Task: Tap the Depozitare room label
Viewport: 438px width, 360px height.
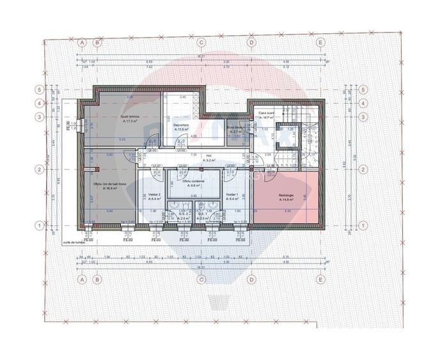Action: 181,125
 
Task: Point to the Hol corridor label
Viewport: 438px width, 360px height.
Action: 208,155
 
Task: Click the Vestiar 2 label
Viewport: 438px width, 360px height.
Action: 154,194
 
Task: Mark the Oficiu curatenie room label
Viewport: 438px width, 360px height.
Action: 193,181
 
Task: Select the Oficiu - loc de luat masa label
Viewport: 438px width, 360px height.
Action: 107,184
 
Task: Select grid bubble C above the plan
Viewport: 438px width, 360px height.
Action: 201,42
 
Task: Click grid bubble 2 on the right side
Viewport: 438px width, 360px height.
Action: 363,169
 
